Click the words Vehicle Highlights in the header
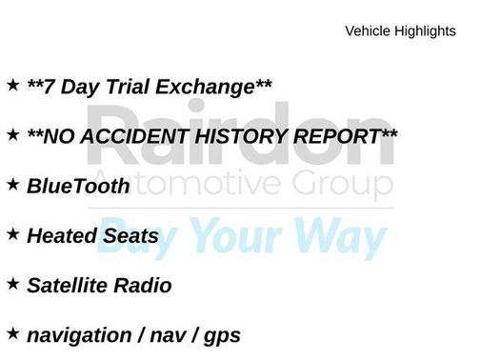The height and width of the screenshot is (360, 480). tap(400, 31)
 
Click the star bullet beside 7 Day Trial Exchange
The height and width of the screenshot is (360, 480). tap(12, 85)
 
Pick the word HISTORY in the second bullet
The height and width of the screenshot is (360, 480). tap(239, 137)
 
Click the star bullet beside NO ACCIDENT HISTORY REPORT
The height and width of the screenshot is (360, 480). tap(12, 134)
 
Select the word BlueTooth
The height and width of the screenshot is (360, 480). tap(77, 187)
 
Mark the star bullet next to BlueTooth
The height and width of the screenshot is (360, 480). tap(12, 184)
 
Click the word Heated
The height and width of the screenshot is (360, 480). tap(59, 236)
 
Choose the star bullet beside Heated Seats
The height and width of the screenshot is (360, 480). tap(12, 233)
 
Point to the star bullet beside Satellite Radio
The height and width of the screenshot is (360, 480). tap(12, 283)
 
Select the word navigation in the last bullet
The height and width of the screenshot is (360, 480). tap(79, 336)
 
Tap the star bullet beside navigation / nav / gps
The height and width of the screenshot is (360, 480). tap(12, 332)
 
